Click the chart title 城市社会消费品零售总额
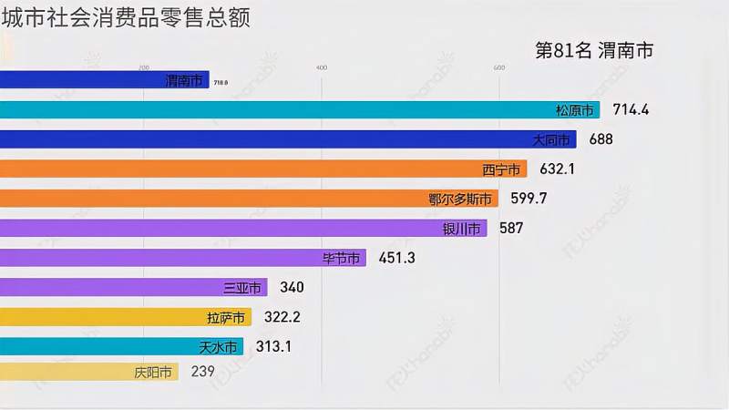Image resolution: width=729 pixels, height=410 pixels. coord(126,17)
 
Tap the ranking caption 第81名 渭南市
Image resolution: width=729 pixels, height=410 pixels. coord(594,51)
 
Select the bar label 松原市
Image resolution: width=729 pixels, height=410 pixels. coord(575,110)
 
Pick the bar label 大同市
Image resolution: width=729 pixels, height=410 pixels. coord(551,139)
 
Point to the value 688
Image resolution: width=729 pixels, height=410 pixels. coord(601,139)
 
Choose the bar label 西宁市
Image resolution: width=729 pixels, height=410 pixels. coord(501,169)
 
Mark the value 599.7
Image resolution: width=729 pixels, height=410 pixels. coord(527,199)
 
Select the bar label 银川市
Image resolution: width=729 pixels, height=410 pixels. coord(462,229)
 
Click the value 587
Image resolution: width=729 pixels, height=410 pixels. coord(511,229)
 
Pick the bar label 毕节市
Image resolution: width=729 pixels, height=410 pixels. coord(341,259)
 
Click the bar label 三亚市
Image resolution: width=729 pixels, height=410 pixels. coord(242,288)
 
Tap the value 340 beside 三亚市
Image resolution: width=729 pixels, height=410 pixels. coord(292,288)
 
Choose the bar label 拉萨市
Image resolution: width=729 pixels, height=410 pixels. coord(226,318)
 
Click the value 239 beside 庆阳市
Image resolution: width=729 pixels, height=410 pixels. coord(202,372)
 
